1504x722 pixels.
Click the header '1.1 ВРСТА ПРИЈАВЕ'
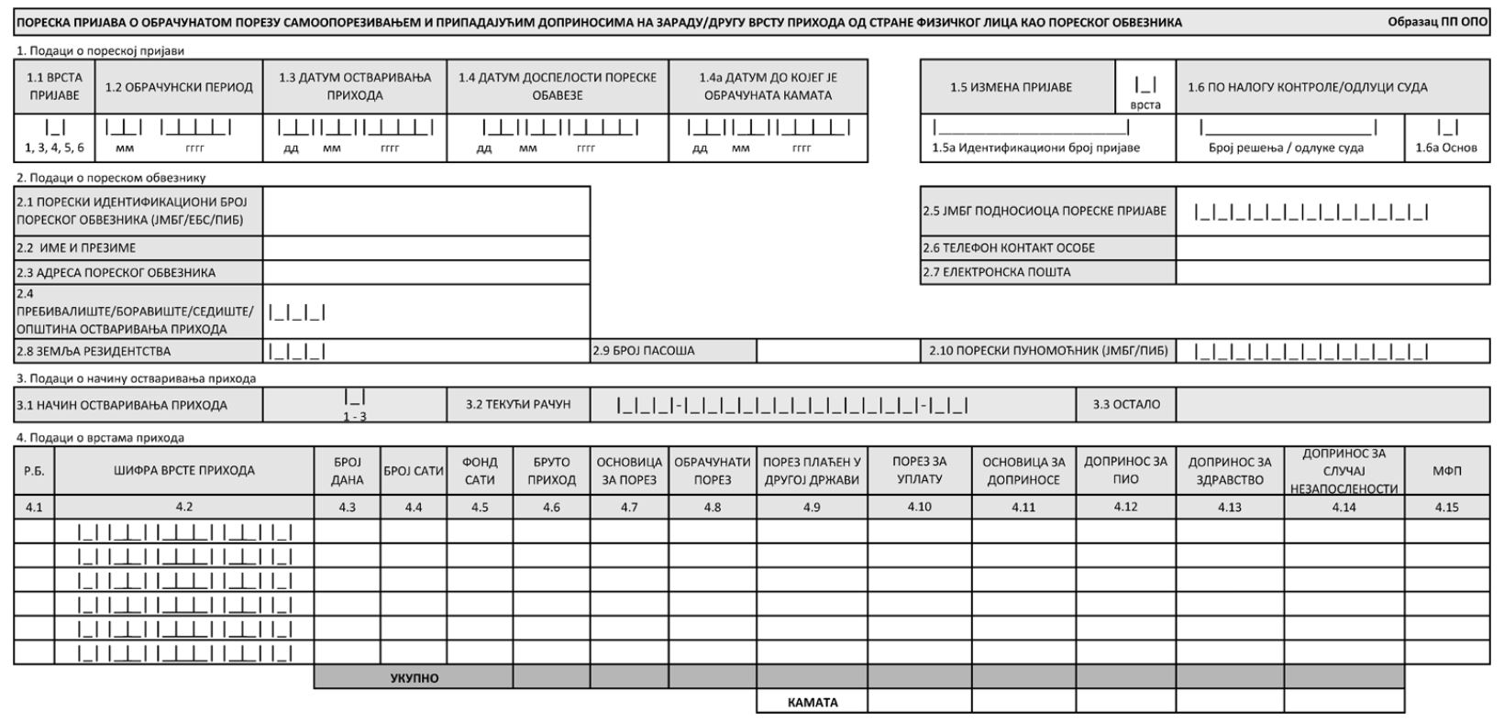54,87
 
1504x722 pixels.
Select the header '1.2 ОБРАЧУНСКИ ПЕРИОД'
179,87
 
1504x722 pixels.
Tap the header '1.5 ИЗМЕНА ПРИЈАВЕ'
1011,87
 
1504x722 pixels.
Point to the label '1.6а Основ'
1446,148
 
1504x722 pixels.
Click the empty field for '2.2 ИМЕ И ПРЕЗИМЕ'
426,248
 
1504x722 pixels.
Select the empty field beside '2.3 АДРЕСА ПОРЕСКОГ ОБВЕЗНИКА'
426,272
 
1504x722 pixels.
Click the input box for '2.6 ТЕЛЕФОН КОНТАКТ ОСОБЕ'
1332,247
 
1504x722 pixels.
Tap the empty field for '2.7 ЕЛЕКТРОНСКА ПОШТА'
1332,272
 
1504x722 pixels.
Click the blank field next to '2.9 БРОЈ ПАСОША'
838,350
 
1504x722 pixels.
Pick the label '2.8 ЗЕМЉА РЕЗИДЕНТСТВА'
94,351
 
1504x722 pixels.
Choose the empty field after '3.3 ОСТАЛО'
1332,404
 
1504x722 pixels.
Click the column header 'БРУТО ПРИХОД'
551,471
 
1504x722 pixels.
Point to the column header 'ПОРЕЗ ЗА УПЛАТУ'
919,471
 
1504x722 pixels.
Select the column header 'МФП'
1446,471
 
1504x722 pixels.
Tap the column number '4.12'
1125,507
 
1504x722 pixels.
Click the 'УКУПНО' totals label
414,679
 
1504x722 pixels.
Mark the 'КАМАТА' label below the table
813,703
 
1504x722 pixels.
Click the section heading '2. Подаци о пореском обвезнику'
110,178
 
